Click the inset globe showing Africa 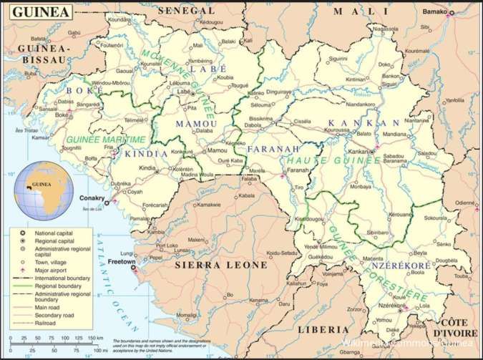point(46,186)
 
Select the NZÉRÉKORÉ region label point(401,266)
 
